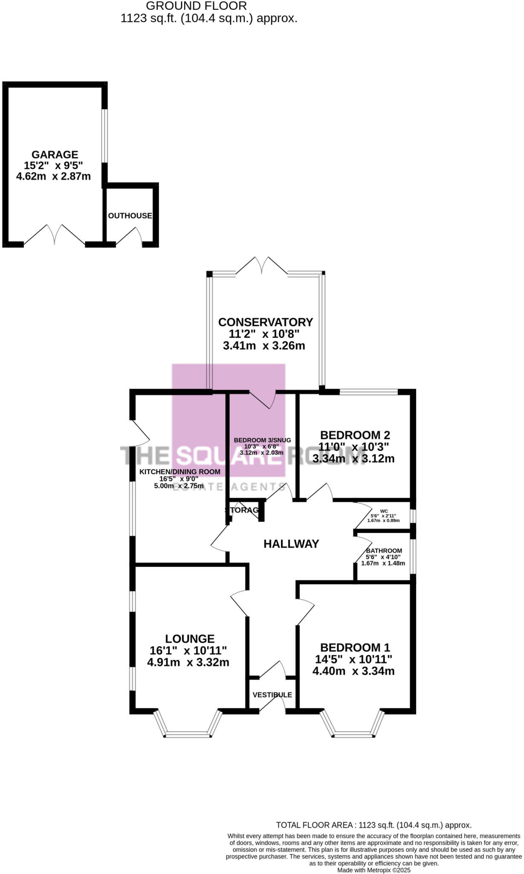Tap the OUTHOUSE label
[x=130, y=216]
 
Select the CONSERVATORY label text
[x=265, y=322]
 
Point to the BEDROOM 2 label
[x=355, y=435]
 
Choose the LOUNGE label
[x=190, y=639]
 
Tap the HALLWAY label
[x=291, y=544]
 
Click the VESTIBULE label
[x=272, y=695]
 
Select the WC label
[x=384, y=511]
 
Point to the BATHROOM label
[x=384, y=551]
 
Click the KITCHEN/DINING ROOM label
[x=180, y=472]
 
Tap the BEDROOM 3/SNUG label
[x=262, y=440]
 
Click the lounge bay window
[x=188, y=734]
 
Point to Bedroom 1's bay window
[x=353, y=734]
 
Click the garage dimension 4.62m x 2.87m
[x=53, y=176]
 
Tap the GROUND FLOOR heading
[x=196, y=6]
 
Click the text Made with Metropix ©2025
[x=373, y=870]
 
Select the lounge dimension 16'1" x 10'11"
[x=188, y=651]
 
